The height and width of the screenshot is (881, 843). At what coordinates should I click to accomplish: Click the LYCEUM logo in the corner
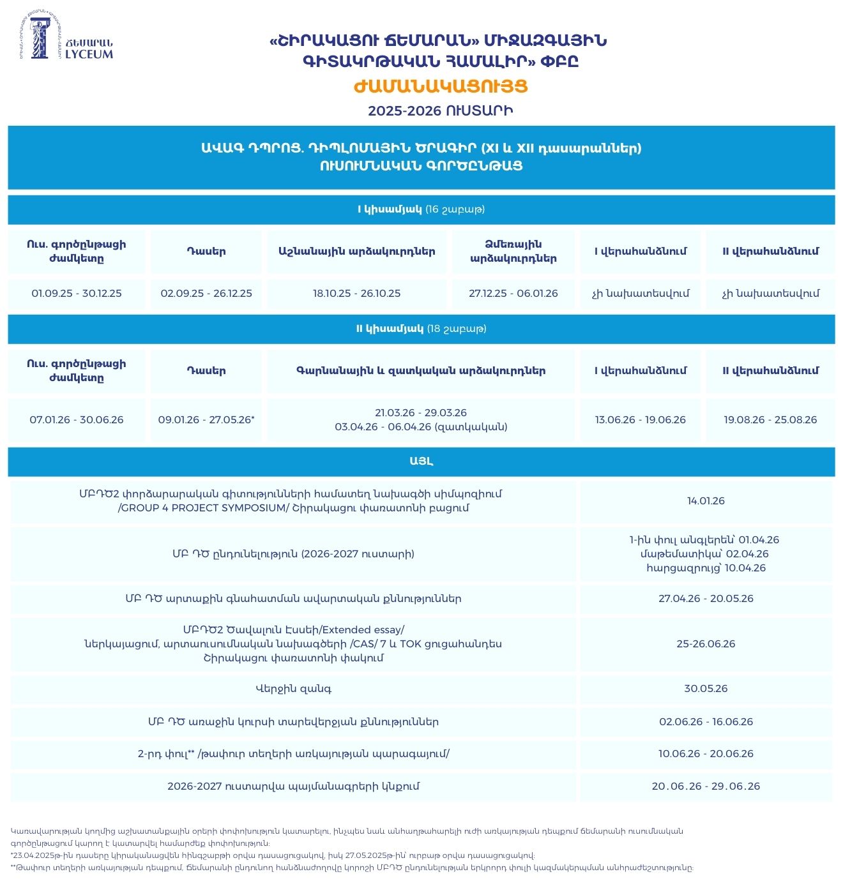tap(66, 37)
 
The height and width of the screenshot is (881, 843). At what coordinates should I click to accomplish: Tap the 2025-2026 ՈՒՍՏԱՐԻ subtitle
tap(441, 111)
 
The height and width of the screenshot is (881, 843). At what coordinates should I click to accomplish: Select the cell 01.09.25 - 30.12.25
tap(77, 294)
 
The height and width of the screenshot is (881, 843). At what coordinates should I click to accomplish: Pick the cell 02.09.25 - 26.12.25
tap(206, 294)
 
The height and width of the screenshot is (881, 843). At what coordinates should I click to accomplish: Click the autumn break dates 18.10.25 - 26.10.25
tap(356, 294)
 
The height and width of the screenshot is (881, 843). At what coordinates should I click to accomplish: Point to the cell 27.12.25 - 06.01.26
tap(513, 294)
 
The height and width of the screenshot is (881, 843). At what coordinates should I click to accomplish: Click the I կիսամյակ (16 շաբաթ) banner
tap(421, 209)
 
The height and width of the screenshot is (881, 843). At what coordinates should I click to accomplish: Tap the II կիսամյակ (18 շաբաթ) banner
tap(421, 329)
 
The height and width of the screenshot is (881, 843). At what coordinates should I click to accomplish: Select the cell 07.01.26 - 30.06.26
tap(77, 420)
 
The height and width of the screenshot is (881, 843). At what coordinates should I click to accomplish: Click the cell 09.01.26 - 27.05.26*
tap(206, 420)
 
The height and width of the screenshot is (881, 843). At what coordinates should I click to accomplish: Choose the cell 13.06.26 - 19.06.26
tap(640, 420)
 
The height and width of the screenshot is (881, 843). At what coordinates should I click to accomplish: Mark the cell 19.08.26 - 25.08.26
tap(770, 420)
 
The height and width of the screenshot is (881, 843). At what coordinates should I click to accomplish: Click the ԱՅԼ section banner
tap(421, 461)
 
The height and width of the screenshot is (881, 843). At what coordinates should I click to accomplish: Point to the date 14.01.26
tap(706, 501)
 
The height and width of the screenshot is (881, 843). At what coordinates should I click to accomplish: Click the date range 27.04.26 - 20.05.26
tap(706, 599)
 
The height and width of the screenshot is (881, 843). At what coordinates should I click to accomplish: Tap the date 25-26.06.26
tap(706, 644)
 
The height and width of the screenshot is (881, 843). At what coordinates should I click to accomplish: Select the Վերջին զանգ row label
tap(293, 689)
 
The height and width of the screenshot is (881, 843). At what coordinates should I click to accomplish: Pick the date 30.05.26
tap(706, 689)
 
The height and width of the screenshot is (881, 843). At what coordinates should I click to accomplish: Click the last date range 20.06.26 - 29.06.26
tap(706, 787)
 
